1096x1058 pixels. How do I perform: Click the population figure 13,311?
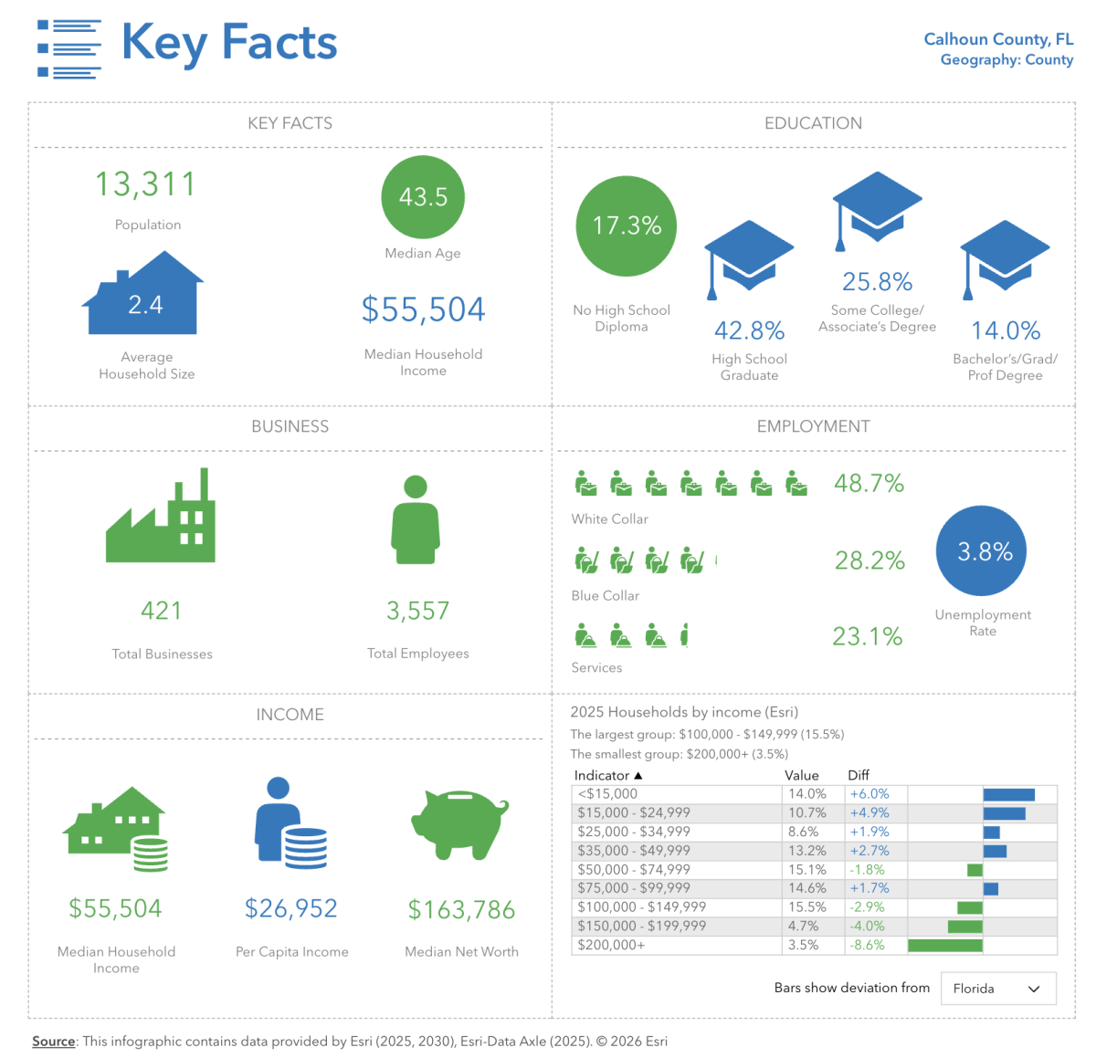click(146, 184)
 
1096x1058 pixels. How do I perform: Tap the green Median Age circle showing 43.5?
click(423, 197)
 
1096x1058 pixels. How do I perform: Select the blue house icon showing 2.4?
click(143, 296)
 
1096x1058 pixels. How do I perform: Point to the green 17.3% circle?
click(627, 225)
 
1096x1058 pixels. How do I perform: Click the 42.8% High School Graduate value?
click(749, 330)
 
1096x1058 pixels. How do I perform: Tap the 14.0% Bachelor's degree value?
click(1006, 330)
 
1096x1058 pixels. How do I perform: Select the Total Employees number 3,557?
click(417, 611)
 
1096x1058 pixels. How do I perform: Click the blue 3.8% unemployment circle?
click(982, 551)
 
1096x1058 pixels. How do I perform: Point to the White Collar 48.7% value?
click(869, 483)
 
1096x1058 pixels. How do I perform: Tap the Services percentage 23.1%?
click(867, 636)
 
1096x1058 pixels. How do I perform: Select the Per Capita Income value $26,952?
click(291, 908)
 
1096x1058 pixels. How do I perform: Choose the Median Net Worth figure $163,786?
click(461, 910)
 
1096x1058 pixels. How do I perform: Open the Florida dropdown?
click(997, 989)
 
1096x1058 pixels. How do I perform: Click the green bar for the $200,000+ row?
click(945, 946)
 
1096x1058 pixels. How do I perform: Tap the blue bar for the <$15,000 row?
click(1008, 795)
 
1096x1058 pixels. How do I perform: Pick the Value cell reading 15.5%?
click(806, 907)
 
